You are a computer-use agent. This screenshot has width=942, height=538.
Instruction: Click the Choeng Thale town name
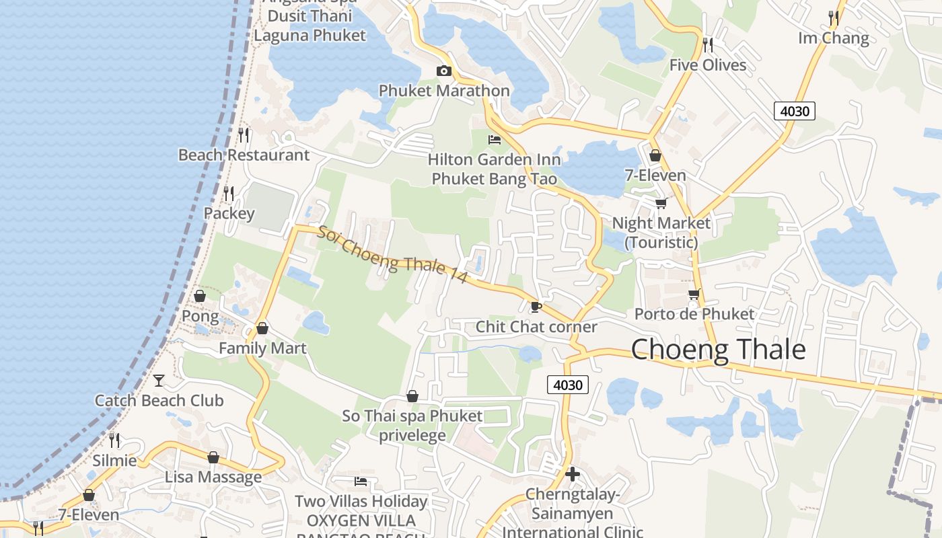coord(718,350)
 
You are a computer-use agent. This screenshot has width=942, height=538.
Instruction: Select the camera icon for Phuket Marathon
coord(443,71)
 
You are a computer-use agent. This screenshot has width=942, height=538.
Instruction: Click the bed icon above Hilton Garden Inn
coord(495,140)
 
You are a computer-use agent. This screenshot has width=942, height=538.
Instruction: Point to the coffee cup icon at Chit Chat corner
coord(536,307)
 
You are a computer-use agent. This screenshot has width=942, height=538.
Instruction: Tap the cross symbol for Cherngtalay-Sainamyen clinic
coord(573,474)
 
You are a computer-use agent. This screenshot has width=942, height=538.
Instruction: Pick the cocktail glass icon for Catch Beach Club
coord(159,381)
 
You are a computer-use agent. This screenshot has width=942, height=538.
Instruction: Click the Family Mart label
coord(262,348)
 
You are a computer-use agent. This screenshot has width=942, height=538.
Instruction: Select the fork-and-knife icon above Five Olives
coord(708,45)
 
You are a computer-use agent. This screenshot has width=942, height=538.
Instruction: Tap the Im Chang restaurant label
coord(834,38)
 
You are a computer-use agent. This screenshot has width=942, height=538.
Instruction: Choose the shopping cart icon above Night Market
coord(661,203)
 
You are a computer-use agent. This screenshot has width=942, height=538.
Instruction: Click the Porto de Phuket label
coord(694,314)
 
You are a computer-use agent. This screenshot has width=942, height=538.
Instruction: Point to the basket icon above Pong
coord(200,296)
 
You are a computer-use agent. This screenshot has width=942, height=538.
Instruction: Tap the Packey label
coord(229,214)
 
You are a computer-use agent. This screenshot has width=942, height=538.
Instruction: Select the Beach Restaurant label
coord(244,155)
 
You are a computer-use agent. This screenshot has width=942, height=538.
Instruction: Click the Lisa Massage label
coord(213,477)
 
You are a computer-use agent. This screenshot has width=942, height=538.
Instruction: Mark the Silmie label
coord(114,461)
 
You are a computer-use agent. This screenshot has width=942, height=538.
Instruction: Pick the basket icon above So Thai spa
coord(412,397)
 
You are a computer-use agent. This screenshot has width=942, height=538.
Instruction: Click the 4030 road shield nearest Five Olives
coord(794,111)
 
